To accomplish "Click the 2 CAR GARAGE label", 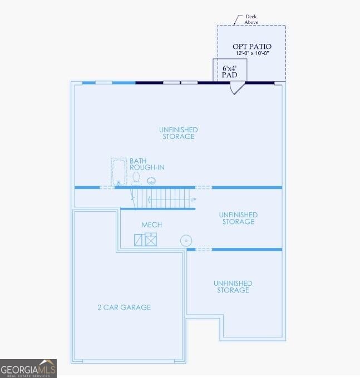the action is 124,307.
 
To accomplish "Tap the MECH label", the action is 151,225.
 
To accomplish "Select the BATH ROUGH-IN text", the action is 147,164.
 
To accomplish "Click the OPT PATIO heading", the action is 252,47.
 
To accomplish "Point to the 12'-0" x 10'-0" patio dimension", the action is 252,53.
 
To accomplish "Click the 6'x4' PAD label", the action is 229,72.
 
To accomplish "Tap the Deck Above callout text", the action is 251,19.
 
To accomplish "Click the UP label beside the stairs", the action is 193,200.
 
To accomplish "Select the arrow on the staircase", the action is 169,200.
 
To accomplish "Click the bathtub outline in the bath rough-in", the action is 119,172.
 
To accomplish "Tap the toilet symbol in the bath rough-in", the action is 136,178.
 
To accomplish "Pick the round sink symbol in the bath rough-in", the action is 151,181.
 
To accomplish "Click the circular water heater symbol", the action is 186,241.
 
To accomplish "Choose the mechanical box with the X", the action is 151,240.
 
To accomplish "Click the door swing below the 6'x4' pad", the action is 237,88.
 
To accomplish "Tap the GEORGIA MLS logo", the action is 28,369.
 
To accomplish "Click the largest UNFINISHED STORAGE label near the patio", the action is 178,133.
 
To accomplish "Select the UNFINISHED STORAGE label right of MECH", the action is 238,218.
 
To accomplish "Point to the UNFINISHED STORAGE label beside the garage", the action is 233,287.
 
